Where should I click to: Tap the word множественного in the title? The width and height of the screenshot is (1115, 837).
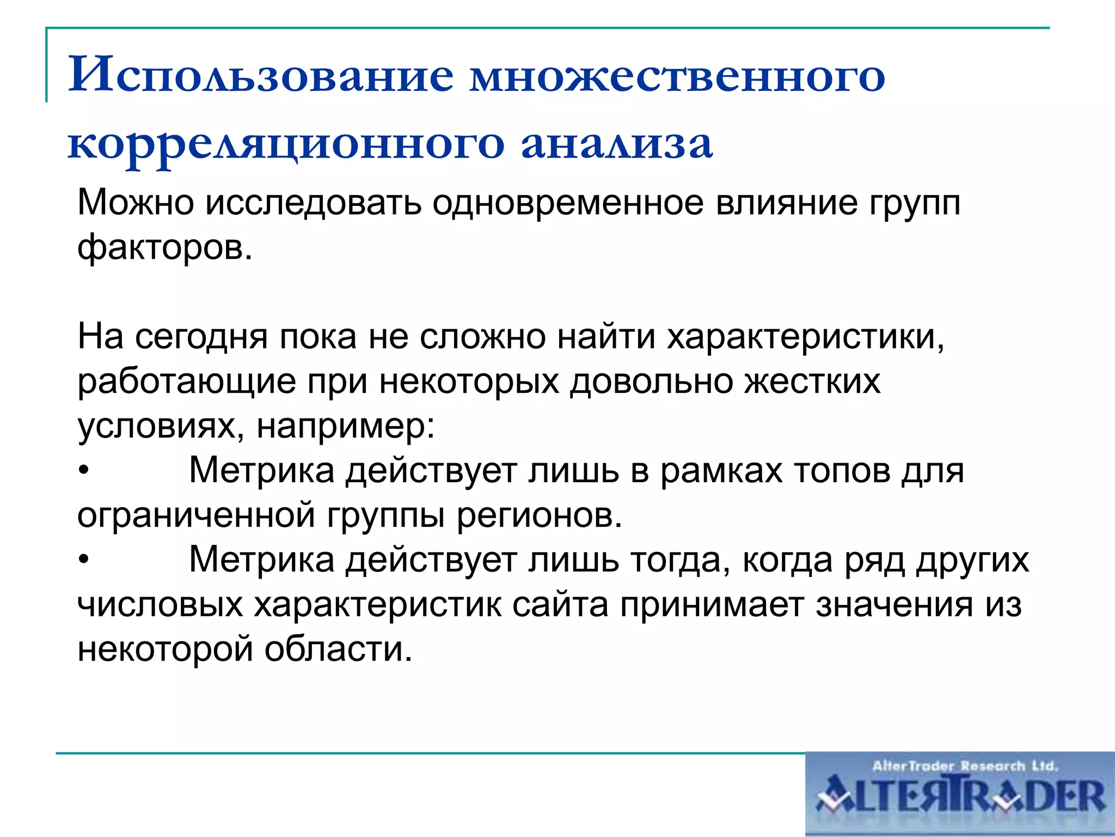tap(677, 75)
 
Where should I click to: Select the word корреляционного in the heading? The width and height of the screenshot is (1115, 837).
tap(286, 144)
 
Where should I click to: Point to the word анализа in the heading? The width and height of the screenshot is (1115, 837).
tap(617, 144)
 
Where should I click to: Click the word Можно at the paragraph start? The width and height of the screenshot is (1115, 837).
tap(136, 203)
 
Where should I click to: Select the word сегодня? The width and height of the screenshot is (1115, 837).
tap(201, 336)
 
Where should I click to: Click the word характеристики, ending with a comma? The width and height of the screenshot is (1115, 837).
tap(806, 336)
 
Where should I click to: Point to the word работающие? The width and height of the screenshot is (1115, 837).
tap(187, 381)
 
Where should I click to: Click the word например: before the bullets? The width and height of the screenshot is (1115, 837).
tap(346, 426)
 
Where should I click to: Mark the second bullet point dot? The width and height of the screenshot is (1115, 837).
tap(83, 560)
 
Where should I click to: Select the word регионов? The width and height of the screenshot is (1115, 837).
tap(539, 515)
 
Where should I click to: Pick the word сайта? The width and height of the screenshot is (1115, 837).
tap(560, 605)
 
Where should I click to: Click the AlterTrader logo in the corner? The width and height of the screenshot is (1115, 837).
tap(959, 794)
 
